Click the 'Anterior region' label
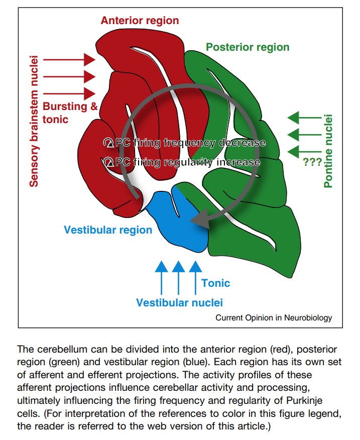(x=140, y=21)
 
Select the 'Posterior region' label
(x=248, y=47)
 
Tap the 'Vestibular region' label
(x=108, y=230)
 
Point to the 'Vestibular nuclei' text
(x=179, y=302)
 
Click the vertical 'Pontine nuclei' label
(x=328, y=151)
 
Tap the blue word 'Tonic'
(x=215, y=283)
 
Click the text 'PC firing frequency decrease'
(x=184, y=143)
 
